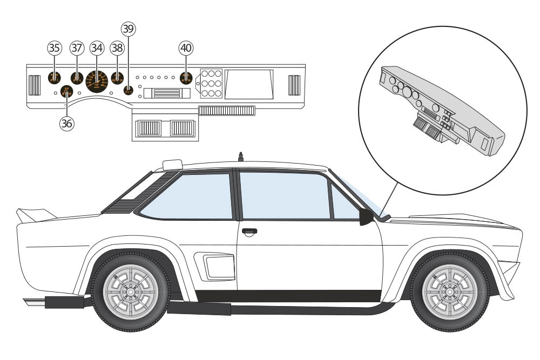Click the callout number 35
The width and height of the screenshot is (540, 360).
53,48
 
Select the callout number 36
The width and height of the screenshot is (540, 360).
66,123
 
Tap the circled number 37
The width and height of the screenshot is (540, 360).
76,48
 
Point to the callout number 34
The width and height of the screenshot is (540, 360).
97,48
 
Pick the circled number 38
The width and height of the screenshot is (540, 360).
117,48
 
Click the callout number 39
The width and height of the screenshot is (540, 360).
128,29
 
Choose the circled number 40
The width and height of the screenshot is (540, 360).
186,48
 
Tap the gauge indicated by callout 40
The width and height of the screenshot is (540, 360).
186,78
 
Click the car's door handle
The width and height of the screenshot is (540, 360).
249,232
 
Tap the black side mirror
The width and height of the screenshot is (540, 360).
366,217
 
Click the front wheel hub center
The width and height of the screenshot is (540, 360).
448,292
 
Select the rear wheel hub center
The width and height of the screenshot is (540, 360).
130,292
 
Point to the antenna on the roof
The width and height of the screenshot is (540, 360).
238,157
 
